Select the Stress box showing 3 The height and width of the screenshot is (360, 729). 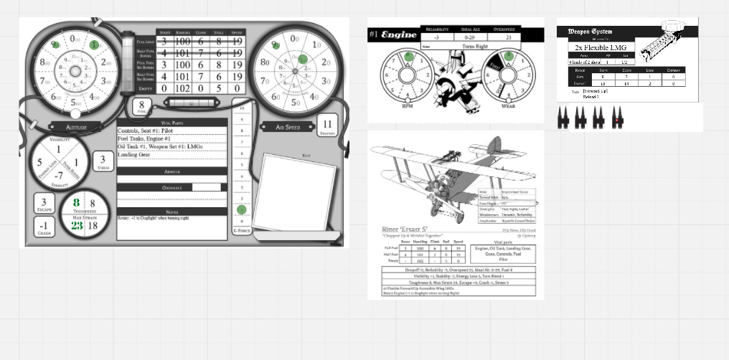pos(104,161)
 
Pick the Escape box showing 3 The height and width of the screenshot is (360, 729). pos(44,205)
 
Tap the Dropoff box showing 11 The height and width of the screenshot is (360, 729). pos(329,124)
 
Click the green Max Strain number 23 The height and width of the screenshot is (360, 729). pos(77,224)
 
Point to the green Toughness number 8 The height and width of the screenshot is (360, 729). pos(77,203)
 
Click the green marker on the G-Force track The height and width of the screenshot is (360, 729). pos(242,210)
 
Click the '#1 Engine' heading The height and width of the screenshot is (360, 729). pos(392,34)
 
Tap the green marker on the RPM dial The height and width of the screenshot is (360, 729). pos(408,55)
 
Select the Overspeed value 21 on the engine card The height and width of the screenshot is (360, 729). pos(508,37)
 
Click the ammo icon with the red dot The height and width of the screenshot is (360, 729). pos(616,120)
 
